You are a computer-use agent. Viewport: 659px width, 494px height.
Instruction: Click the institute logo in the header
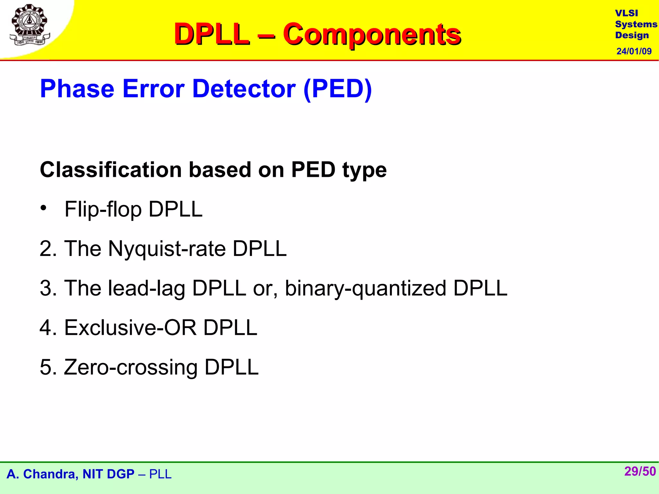tap(30, 25)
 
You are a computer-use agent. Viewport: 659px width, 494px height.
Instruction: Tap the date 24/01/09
tap(634, 51)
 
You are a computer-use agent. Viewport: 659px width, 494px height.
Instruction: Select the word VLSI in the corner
tap(626, 13)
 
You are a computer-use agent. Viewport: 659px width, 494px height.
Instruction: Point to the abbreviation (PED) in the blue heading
tap(338, 89)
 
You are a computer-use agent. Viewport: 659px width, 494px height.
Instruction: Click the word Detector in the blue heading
tap(244, 89)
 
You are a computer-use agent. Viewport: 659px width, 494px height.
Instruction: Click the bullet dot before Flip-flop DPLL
tap(44, 207)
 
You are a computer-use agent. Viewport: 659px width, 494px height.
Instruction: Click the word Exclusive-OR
tap(130, 328)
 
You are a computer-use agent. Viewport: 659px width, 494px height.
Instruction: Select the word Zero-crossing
tap(131, 368)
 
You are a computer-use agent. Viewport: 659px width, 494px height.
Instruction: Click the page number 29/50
tap(640, 471)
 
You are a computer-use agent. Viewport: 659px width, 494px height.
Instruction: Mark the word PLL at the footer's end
tap(160, 474)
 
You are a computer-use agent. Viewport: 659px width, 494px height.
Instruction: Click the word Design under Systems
tap(632, 35)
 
